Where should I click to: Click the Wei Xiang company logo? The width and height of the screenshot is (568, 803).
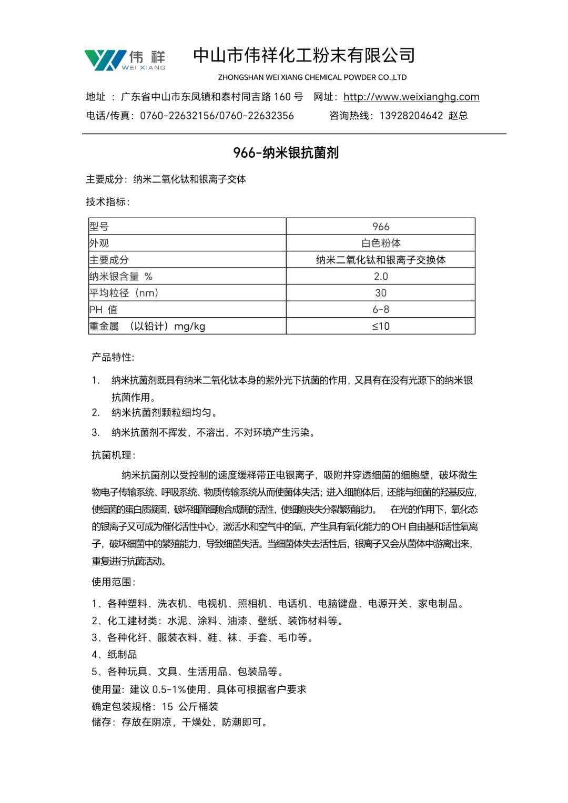click(x=125, y=60)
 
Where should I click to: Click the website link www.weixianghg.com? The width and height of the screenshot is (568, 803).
click(x=411, y=97)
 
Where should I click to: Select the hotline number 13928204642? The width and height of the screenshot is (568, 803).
click(x=411, y=116)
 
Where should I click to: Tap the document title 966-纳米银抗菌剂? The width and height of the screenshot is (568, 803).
click(x=286, y=153)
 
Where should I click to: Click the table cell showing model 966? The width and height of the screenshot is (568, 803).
click(x=380, y=227)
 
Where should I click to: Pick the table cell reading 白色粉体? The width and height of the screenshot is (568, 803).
click(x=380, y=243)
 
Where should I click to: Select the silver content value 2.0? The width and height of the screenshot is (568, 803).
click(x=380, y=276)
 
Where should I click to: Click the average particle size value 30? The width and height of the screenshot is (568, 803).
click(x=380, y=293)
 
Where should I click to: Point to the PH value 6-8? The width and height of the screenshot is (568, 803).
click(x=380, y=309)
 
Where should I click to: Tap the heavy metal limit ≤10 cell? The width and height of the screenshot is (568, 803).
click(x=380, y=326)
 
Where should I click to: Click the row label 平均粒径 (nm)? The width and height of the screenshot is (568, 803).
click(x=124, y=293)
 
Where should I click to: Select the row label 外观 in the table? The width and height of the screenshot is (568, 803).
click(x=99, y=243)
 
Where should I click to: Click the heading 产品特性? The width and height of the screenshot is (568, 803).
click(x=113, y=358)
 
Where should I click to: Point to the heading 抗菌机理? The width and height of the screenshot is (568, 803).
click(x=113, y=455)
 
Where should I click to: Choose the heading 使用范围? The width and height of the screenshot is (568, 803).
click(x=113, y=582)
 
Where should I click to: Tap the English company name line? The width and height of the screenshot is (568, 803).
click(x=312, y=77)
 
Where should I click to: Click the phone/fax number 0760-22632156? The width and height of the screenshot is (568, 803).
click(x=178, y=116)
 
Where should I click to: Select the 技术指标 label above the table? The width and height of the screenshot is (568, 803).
click(x=108, y=202)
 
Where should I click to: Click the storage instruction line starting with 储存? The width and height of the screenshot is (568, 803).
click(x=179, y=723)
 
